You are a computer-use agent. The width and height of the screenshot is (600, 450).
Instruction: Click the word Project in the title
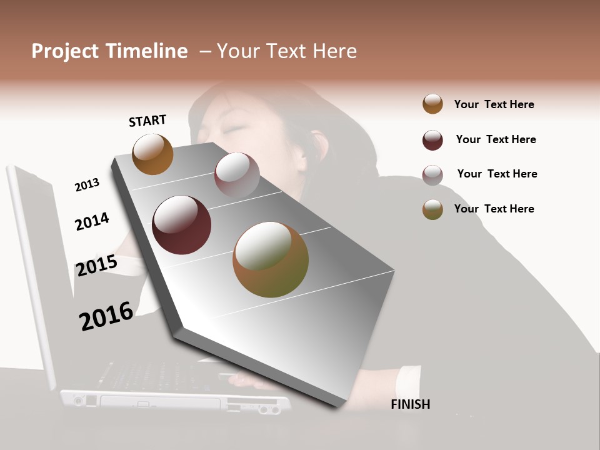tap(66, 51)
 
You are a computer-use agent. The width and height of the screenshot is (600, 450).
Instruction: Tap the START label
tap(147, 121)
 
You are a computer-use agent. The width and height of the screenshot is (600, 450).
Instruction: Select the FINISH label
tap(410, 404)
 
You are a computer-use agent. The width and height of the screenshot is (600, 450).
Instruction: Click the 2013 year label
tap(87, 185)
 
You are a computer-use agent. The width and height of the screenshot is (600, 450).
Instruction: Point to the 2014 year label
tap(92, 221)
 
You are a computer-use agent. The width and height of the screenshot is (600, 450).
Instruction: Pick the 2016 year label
tap(106, 316)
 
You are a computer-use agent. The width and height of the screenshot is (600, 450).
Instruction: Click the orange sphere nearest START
tap(152, 154)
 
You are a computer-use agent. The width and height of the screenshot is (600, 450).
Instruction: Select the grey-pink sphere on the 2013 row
tap(237, 175)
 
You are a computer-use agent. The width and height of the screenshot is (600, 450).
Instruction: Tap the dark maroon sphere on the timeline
tap(181, 225)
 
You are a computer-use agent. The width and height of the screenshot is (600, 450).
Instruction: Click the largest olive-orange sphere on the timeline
tap(271, 259)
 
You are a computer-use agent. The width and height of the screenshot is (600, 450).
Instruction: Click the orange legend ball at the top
tap(432, 104)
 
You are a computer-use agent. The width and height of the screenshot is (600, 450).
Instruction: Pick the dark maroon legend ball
tap(432, 140)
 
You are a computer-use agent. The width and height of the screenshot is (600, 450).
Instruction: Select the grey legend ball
tap(432, 175)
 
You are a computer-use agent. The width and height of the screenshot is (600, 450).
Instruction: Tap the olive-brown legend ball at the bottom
tap(432, 209)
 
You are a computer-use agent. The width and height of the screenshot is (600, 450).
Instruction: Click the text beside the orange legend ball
tap(494, 104)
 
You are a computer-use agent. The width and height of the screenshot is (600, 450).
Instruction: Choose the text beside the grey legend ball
tap(497, 174)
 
